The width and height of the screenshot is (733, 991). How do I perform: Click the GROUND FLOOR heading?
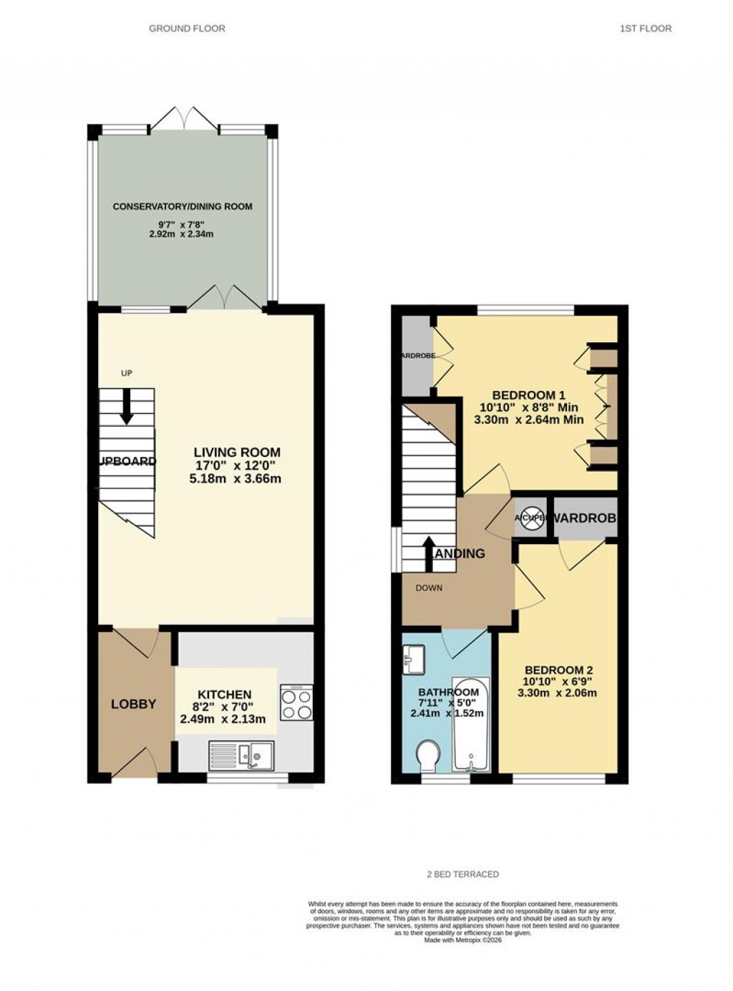(187, 29)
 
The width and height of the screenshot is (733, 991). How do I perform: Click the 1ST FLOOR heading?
(646, 29)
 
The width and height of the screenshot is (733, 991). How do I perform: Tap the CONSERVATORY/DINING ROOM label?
(183, 207)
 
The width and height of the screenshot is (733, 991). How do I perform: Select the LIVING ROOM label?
(237, 453)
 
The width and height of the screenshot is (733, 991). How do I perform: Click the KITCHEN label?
(224, 695)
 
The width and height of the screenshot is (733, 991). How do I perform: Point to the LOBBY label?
(133, 705)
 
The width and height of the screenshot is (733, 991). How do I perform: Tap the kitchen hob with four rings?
(296, 702)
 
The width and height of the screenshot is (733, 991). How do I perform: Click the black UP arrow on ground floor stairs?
(127, 406)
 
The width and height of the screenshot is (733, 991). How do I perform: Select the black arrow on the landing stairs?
(429, 553)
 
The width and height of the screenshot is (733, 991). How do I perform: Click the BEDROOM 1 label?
(528, 395)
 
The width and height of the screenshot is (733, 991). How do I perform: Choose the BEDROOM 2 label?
(557, 671)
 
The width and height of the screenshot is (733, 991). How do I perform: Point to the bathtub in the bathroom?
(471, 725)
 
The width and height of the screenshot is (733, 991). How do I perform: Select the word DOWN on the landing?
(429, 588)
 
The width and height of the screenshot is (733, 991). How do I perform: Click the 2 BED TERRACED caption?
(462, 874)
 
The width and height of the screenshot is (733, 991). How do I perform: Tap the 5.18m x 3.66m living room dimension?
(235, 478)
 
